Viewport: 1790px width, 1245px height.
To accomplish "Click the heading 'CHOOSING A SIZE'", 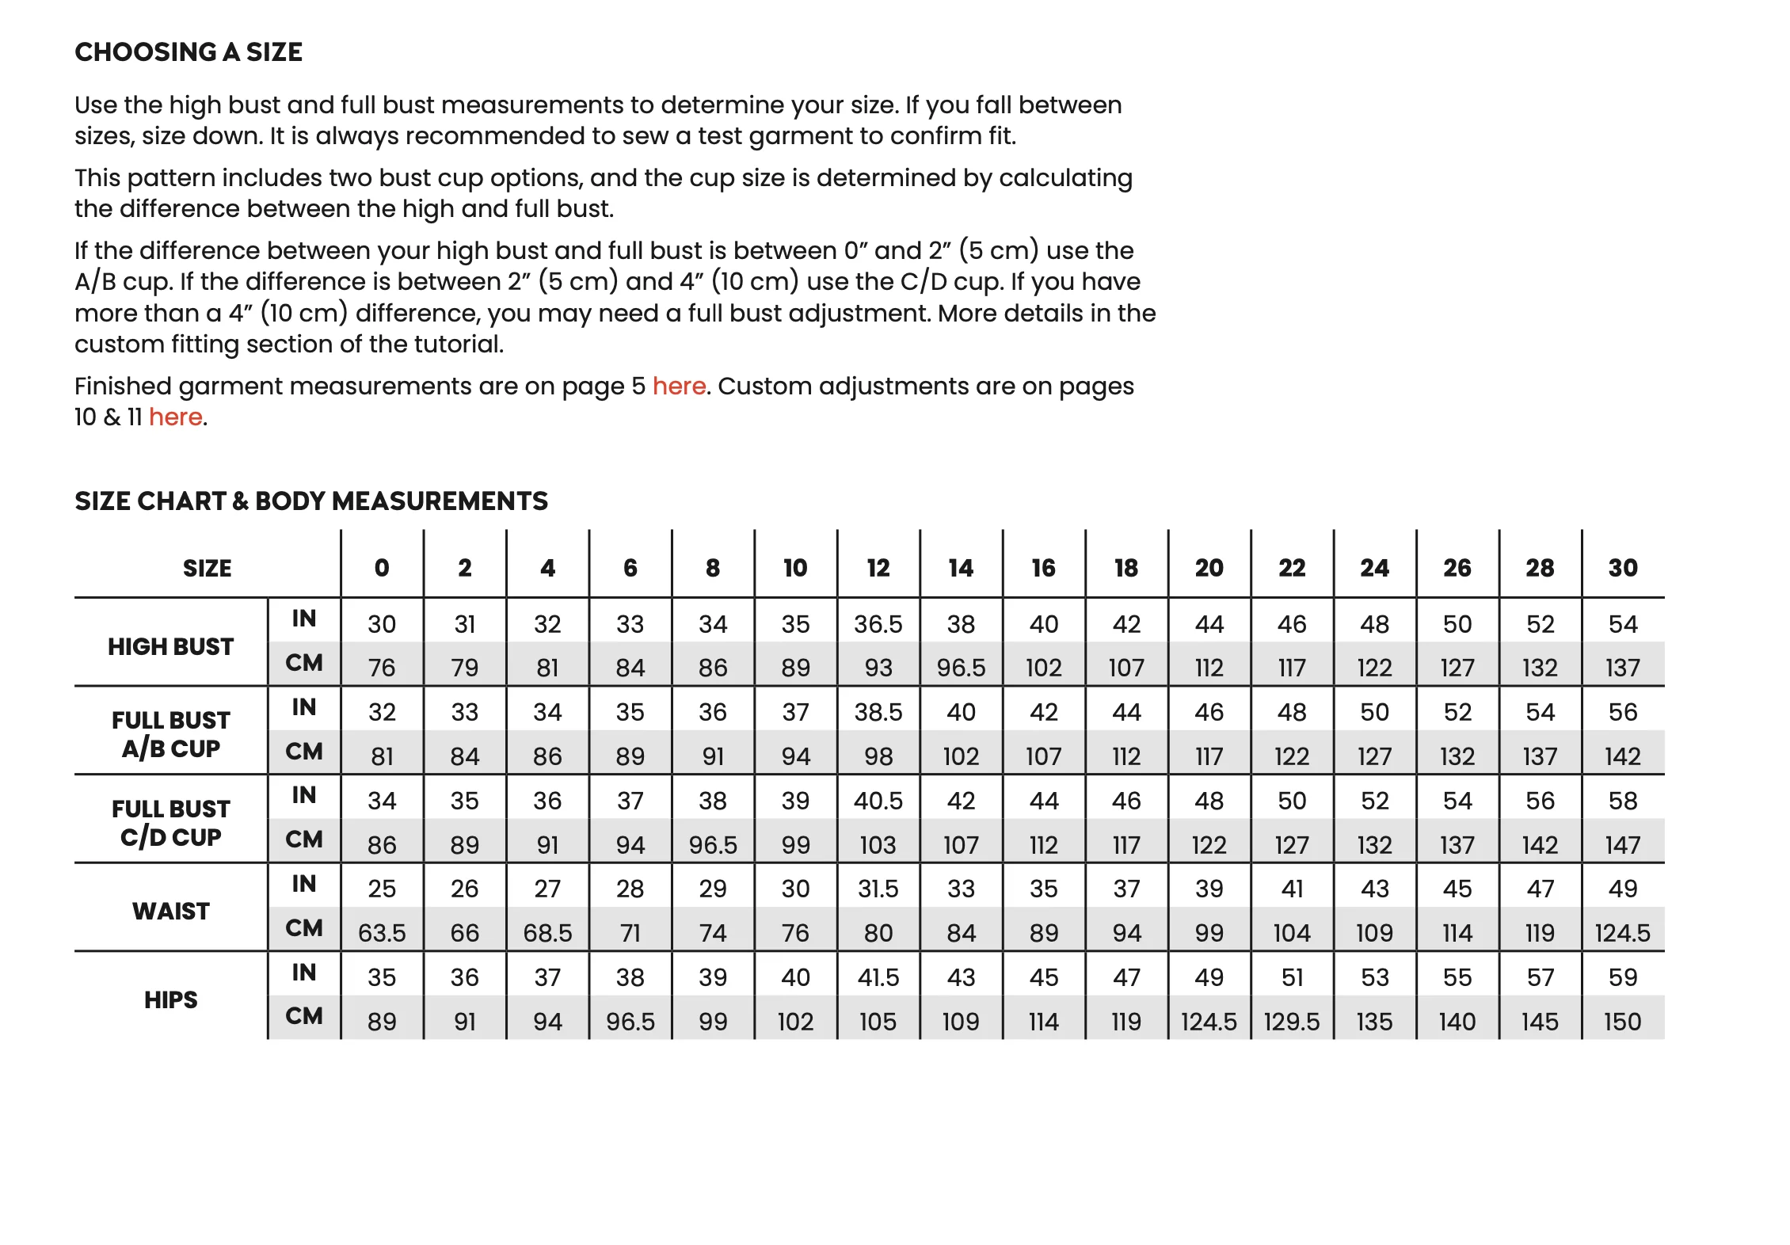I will (189, 52).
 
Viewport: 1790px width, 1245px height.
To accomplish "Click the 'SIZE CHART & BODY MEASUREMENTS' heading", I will (311, 501).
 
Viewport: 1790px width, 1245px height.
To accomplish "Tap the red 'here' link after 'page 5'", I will (679, 386).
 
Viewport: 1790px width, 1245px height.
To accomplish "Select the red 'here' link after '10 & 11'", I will (175, 417).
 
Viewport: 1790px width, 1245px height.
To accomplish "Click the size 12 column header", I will (878, 568).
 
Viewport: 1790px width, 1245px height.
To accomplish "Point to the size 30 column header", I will (1622, 568).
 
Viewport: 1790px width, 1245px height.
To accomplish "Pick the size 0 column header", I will (382, 568).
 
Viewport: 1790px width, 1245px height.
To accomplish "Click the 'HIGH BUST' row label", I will (170, 646).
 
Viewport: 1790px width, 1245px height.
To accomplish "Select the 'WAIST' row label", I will (170, 911).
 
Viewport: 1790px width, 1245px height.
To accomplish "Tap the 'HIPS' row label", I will (170, 999).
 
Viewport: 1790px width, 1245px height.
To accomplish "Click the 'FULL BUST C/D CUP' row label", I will (170, 823).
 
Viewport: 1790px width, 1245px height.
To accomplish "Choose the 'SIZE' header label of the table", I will (207, 568).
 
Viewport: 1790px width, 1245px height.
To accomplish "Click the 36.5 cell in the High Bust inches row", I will (878, 624).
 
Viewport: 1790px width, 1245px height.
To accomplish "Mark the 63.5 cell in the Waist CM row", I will (382, 933).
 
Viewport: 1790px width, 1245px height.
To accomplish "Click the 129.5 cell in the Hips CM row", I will (1291, 1022).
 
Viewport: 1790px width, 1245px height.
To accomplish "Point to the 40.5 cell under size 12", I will (878, 801).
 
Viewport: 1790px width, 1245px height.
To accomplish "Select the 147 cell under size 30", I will (1622, 845).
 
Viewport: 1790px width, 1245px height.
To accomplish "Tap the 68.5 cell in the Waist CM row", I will (547, 933).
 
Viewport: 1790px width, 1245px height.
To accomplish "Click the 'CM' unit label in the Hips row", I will (304, 1016).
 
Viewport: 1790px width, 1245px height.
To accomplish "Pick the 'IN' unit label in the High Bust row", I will (304, 619).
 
